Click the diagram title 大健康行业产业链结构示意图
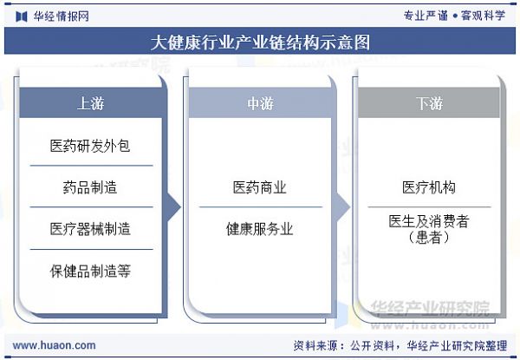(260, 43)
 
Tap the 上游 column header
(90, 103)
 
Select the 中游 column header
(260, 103)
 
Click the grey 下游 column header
(429, 103)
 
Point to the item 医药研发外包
(90, 146)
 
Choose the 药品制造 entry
(90, 187)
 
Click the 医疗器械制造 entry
(90, 229)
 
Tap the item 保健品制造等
(90, 271)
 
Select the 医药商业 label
(260, 187)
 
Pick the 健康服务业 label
(260, 229)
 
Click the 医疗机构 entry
(429, 187)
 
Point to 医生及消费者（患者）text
(429, 229)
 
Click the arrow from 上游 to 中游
(173, 207)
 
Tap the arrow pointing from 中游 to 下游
(342, 207)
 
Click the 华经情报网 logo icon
(22, 16)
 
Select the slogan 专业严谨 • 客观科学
(454, 16)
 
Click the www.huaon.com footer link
(54, 345)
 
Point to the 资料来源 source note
(400, 345)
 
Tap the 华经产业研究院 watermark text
(430, 308)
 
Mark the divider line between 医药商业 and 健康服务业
(261, 207)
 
